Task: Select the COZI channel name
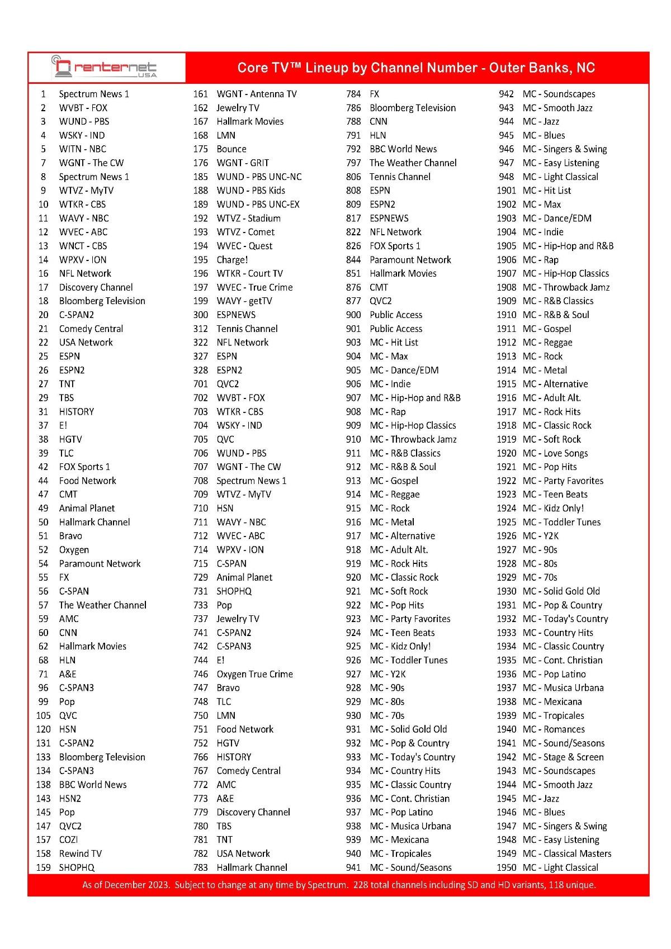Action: pos(69,839)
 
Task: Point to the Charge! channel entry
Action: pos(232,259)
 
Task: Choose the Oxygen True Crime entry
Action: pos(254,674)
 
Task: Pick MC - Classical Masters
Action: pos(567,853)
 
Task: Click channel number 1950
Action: pos(506,867)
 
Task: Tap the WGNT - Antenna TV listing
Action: pos(257,94)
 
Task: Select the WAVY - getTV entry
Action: pos(244,301)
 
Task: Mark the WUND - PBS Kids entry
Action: pos(251,191)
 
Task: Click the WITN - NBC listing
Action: pos(83,149)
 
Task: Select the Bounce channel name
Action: pos(231,149)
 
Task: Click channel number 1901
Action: pos(506,191)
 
